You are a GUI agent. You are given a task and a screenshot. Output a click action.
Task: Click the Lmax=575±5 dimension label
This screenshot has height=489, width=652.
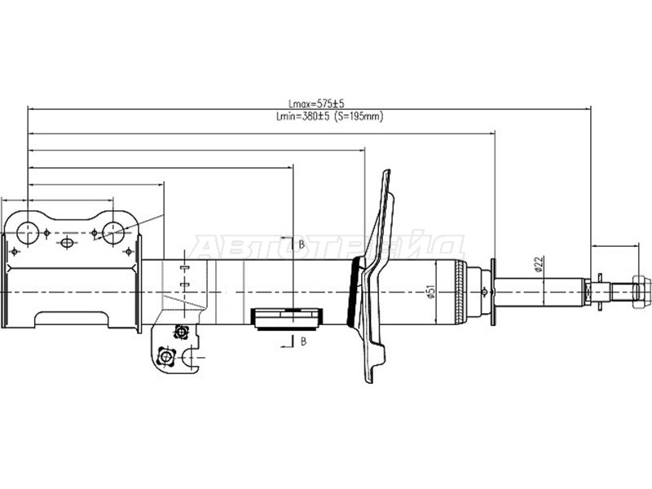point(316,104)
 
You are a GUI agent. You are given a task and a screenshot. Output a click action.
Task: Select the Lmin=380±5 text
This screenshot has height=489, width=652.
point(302,117)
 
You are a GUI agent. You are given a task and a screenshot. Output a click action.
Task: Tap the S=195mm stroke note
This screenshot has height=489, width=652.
point(359,117)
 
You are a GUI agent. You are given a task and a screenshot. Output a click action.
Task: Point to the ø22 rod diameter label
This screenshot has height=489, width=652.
point(539,264)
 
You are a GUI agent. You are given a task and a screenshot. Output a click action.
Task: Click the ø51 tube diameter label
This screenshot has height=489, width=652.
point(431,291)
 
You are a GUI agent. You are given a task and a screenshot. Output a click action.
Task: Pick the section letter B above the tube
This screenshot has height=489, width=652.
point(302,244)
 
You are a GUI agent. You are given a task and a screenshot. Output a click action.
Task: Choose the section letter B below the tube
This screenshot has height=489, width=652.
point(303,341)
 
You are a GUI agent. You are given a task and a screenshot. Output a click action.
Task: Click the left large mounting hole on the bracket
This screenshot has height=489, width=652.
point(28,233)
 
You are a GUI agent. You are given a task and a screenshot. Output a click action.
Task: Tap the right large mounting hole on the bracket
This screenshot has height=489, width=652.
point(113,233)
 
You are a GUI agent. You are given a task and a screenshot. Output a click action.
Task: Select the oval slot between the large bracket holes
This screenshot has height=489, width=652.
point(67,242)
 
